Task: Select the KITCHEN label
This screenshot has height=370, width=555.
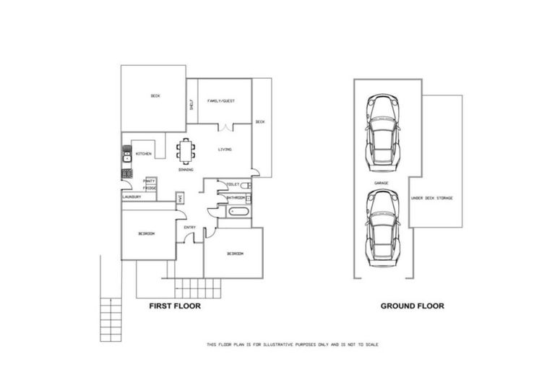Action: coord(143,154)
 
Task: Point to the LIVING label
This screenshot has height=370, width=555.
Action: coord(225,150)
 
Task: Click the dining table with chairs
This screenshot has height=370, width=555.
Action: coord(186,150)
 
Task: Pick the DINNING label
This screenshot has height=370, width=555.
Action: coord(186,169)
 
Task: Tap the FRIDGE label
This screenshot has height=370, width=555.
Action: coord(150,188)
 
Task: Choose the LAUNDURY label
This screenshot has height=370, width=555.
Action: coord(131,197)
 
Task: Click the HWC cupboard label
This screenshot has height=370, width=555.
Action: coord(180,197)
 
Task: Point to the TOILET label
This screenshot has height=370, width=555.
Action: coord(233,185)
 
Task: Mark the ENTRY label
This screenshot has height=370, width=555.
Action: coord(189,228)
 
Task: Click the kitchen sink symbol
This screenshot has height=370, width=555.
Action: coord(126,155)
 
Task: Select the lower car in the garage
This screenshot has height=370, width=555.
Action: coord(381,236)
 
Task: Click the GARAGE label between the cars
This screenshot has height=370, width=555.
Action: coord(381,183)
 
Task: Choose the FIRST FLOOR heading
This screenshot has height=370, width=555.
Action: coord(174,306)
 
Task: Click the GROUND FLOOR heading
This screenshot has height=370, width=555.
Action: coord(412,306)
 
